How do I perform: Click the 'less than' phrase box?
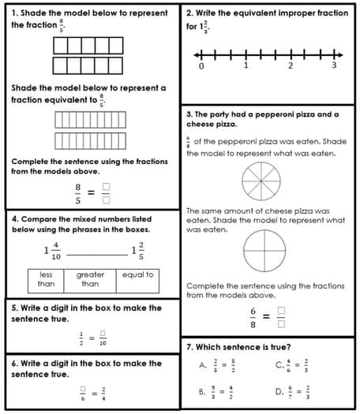pyautogui.click(x=47, y=279)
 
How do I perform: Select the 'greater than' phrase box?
pyautogui.click(x=90, y=279)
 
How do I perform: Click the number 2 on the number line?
pyautogui.click(x=290, y=66)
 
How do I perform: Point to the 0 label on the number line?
pyautogui.click(x=201, y=66)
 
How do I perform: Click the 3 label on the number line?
pyautogui.click(x=334, y=66)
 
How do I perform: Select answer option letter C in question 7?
pyautogui.click(x=279, y=365)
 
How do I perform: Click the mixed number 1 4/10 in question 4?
pyautogui.click(x=51, y=251)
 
